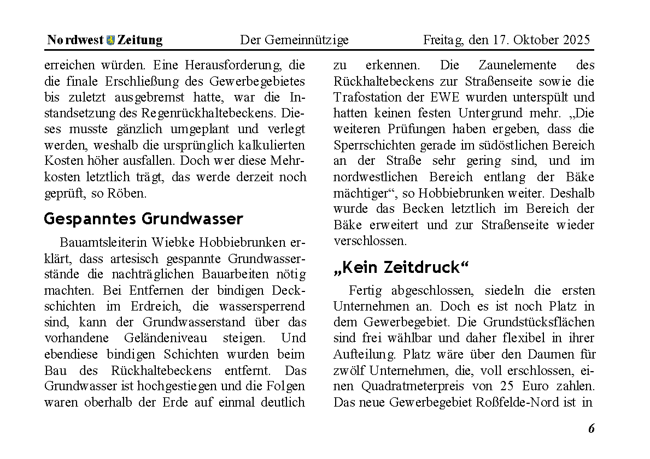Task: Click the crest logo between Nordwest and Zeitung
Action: pyautogui.click(x=111, y=40)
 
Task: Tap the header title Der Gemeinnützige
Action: pyautogui.click(x=294, y=40)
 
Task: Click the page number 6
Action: pyautogui.click(x=591, y=428)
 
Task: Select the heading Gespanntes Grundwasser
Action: pyautogui.click(x=143, y=219)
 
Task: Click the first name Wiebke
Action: pyautogui.click(x=169, y=242)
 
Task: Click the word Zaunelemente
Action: pyautogui.click(x=518, y=65)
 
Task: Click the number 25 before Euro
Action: pyautogui.click(x=508, y=386)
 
